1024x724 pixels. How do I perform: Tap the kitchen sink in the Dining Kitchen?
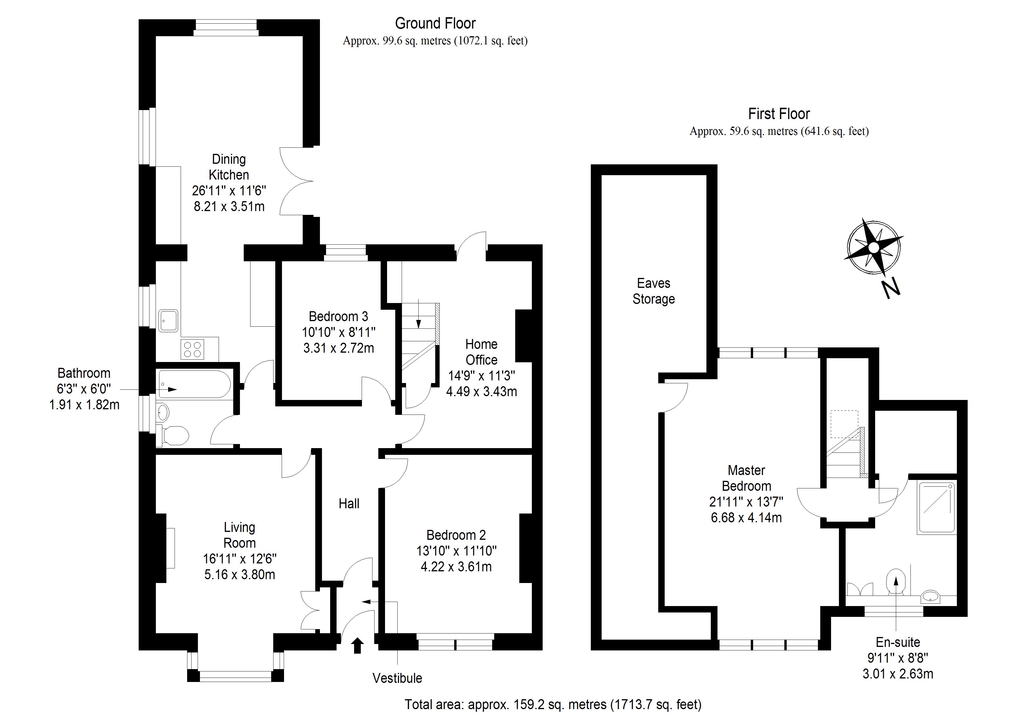pyautogui.click(x=169, y=321)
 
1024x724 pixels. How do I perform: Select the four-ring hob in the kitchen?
pyautogui.click(x=192, y=349)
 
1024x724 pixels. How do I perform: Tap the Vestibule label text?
pyautogui.click(x=397, y=678)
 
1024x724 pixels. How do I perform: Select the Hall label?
pyautogui.click(x=349, y=504)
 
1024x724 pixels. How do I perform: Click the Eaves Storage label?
pyautogui.click(x=653, y=291)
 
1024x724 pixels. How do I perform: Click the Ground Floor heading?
pyautogui.click(x=435, y=23)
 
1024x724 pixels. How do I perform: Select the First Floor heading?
pyautogui.click(x=779, y=114)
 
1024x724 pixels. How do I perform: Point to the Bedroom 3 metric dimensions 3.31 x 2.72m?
pyautogui.click(x=339, y=348)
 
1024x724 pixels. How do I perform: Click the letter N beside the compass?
pyautogui.click(x=891, y=288)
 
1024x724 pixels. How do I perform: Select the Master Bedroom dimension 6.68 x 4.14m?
pyautogui.click(x=746, y=518)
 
